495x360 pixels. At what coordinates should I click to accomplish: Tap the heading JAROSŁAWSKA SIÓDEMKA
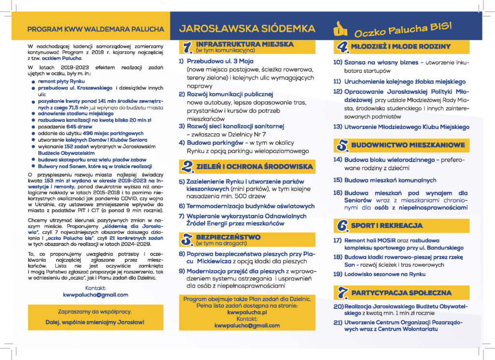247,29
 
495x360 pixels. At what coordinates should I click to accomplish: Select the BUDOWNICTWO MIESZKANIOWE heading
408,145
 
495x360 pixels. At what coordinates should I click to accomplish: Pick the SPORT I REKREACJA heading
387,225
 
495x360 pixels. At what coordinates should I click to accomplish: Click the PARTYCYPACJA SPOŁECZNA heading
401,293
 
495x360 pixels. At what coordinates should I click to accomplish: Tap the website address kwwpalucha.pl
247,313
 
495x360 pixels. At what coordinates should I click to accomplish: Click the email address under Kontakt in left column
96,294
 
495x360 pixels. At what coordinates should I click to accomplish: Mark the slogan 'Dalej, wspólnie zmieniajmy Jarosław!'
96,322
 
